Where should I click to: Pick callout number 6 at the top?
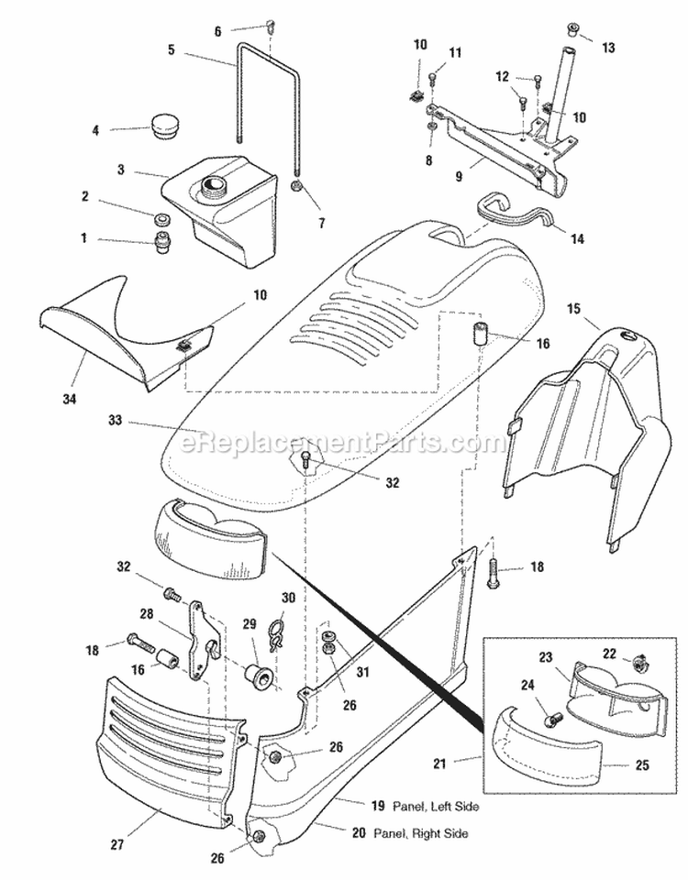pyautogui.click(x=217, y=31)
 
